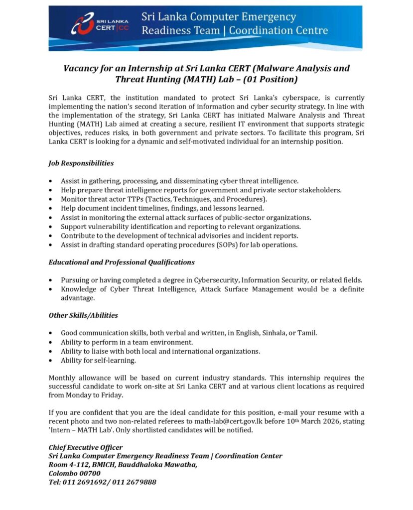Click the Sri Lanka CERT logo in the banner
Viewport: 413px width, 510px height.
pos(100,24)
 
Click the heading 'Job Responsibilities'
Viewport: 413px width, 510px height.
pos(81,163)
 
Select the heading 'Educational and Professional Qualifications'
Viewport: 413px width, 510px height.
pos(121,261)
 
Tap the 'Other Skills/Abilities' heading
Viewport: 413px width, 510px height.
pos(83,315)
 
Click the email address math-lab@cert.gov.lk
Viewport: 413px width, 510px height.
pos(234,421)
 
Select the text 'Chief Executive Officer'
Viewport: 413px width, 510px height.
pos(85,447)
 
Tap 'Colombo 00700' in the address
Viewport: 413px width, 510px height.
pos(74,473)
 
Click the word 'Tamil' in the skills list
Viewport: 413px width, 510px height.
pos(307,333)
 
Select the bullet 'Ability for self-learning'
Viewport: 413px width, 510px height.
pos(98,360)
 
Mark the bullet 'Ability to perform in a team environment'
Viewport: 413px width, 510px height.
pos(127,342)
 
